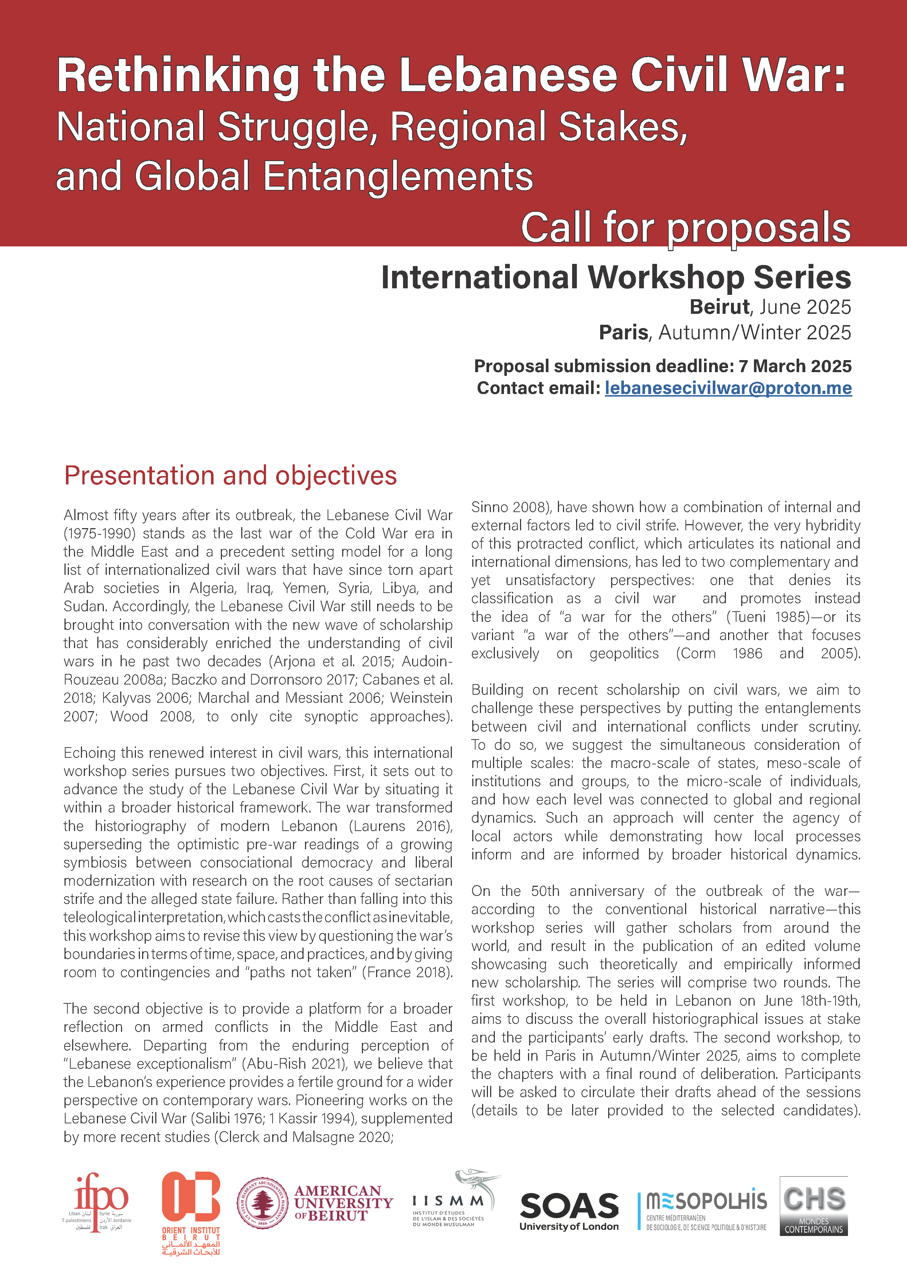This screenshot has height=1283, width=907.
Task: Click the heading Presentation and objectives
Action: (x=230, y=476)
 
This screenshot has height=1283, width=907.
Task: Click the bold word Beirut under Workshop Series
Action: (x=719, y=307)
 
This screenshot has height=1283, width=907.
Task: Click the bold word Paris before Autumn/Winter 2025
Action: (x=623, y=332)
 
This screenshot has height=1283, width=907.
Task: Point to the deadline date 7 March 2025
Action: (x=795, y=366)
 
